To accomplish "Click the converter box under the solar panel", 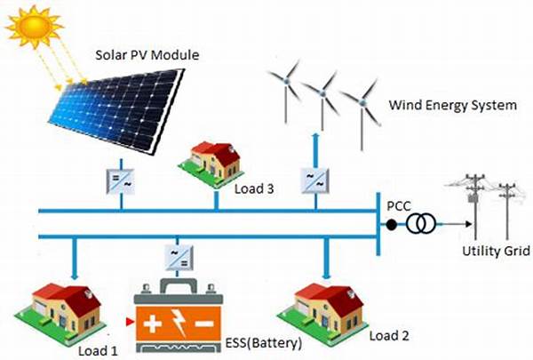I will click(x=119, y=180).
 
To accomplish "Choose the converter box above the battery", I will click(x=175, y=258).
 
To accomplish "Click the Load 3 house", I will click(x=210, y=158).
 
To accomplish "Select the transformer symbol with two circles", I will click(x=422, y=225).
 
